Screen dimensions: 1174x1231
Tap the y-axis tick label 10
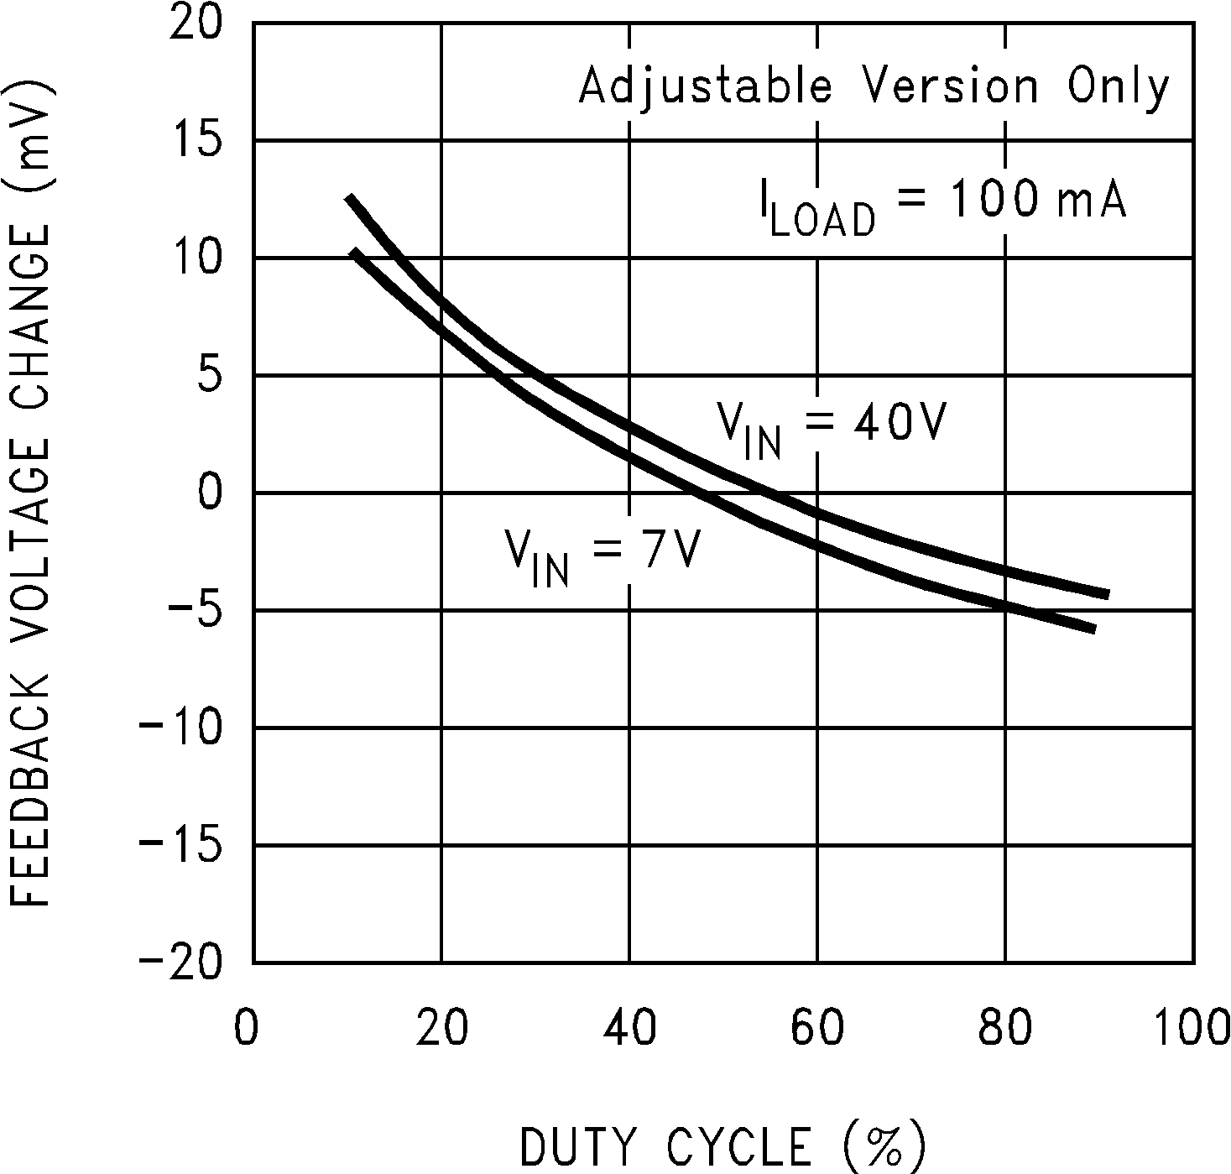pos(196,258)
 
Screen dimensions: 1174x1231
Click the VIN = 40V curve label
pos(831,426)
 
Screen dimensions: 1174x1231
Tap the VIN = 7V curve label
pos(601,554)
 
